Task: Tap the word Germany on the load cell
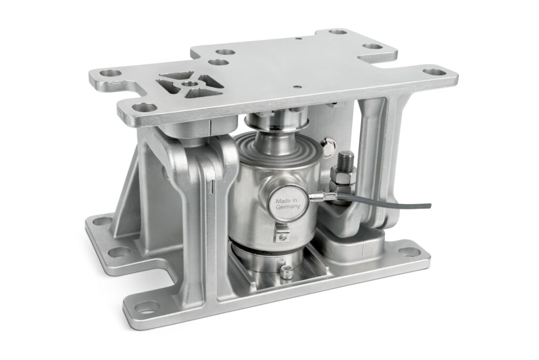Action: [288, 206]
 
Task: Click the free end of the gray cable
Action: [430, 205]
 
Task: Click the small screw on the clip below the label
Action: [283, 237]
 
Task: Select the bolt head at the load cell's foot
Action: [286, 272]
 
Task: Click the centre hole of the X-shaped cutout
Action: [188, 84]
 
